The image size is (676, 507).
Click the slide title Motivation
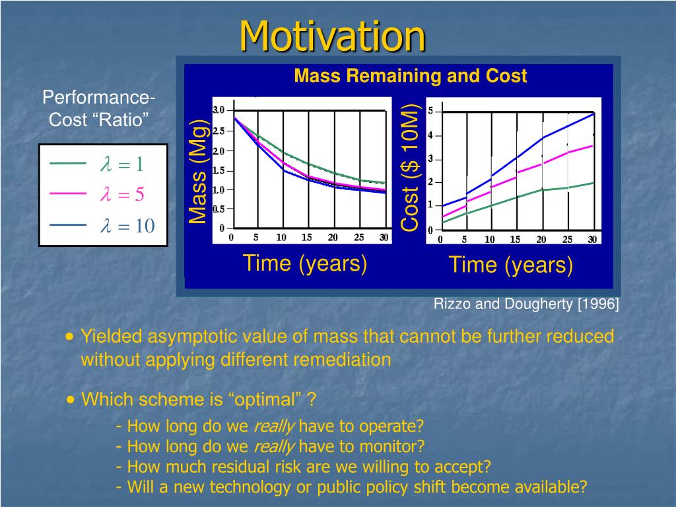tap(333, 36)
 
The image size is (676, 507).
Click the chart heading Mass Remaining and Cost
tap(410, 76)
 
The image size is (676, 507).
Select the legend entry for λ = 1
tap(96, 164)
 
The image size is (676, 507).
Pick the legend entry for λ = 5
tap(96, 194)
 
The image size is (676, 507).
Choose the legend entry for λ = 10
tap(102, 226)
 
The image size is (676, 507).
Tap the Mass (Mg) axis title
tap(198, 171)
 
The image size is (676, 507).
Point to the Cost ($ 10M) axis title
tap(409, 167)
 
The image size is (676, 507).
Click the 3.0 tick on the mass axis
tap(219, 110)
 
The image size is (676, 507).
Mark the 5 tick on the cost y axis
tap(430, 111)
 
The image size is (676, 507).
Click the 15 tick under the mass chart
tap(306, 237)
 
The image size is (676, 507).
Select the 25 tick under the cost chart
tap(567, 239)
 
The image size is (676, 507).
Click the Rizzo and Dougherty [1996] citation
tap(526, 304)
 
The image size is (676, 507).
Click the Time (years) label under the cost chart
tap(511, 265)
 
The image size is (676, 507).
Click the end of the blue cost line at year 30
tap(594, 114)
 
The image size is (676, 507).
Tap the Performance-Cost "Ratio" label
tap(99, 108)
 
